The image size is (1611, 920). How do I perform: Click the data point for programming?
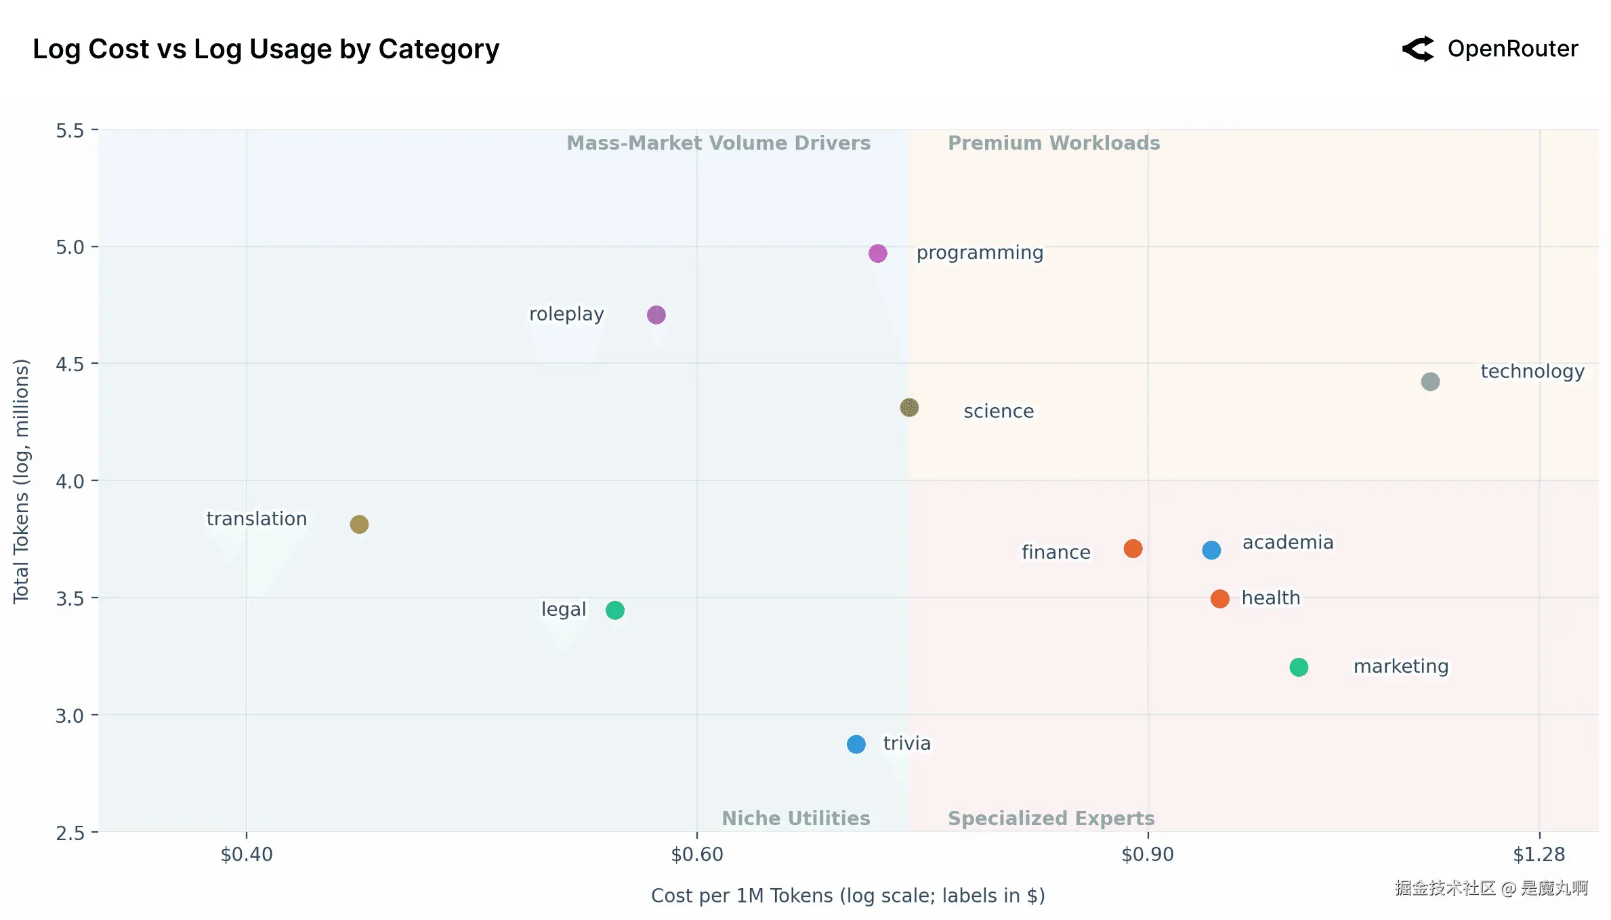pyautogui.click(x=877, y=253)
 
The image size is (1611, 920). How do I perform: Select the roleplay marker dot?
pyautogui.click(x=656, y=315)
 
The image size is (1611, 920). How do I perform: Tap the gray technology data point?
pyautogui.click(x=1430, y=382)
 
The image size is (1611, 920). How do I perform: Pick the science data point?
pyautogui.click(x=909, y=408)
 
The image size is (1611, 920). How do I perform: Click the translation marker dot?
pyautogui.click(x=359, y=524)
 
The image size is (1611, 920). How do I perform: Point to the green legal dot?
pyautogui.click(x=615, y=610)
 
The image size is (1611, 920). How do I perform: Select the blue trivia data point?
pyautogui.click(x=856, y=745)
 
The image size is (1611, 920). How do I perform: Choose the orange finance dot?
pyautogui.click(x=1133, y=549)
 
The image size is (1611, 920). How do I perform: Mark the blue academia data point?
pyautogui.click(x=1211, y=550)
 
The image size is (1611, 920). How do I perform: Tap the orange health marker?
pyautogui.click(x=1219, y=599)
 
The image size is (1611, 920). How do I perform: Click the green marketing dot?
pyautogui.click(x=1299, y=667)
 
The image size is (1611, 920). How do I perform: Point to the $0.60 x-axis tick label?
pyautogui.click(x=697, y=854)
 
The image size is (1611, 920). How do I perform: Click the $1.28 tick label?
pyautogui.click(x=1539, y=854)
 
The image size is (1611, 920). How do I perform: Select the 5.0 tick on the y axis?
pyautogui.click(x=70, y=247)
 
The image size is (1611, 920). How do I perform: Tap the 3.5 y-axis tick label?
pyautogui.click(x=70, y=599)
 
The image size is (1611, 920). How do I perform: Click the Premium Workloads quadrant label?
pyautogui.click(x=1053, y=143)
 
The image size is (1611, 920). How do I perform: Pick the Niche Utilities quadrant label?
pyautogui.click(x=796, y=818)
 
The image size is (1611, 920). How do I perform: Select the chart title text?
pyautogui.click(x=266, y=49)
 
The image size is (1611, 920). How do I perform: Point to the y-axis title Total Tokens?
pyautogui.click(x=22, y=481)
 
